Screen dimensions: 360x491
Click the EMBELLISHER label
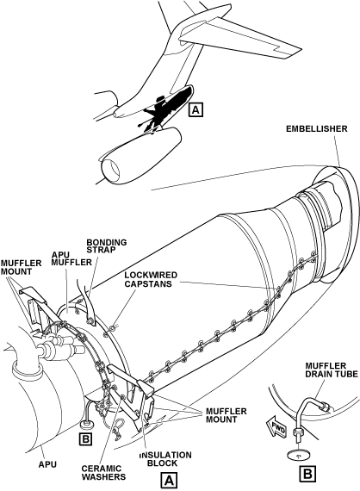316,128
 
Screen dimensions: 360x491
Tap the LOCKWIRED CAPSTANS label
151,279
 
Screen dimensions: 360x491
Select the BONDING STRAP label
107,245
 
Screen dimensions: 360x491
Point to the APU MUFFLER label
71,258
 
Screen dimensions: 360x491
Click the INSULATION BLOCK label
165,459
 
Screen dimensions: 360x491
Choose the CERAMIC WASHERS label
103,473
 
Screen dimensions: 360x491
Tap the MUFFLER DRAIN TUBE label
332,370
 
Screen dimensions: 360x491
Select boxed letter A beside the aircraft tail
196,109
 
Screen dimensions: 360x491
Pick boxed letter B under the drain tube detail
307,474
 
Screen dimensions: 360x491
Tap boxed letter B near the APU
85,438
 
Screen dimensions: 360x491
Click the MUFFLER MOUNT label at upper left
21,267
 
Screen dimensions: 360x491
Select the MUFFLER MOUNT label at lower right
226,415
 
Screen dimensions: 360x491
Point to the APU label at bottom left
47,464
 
